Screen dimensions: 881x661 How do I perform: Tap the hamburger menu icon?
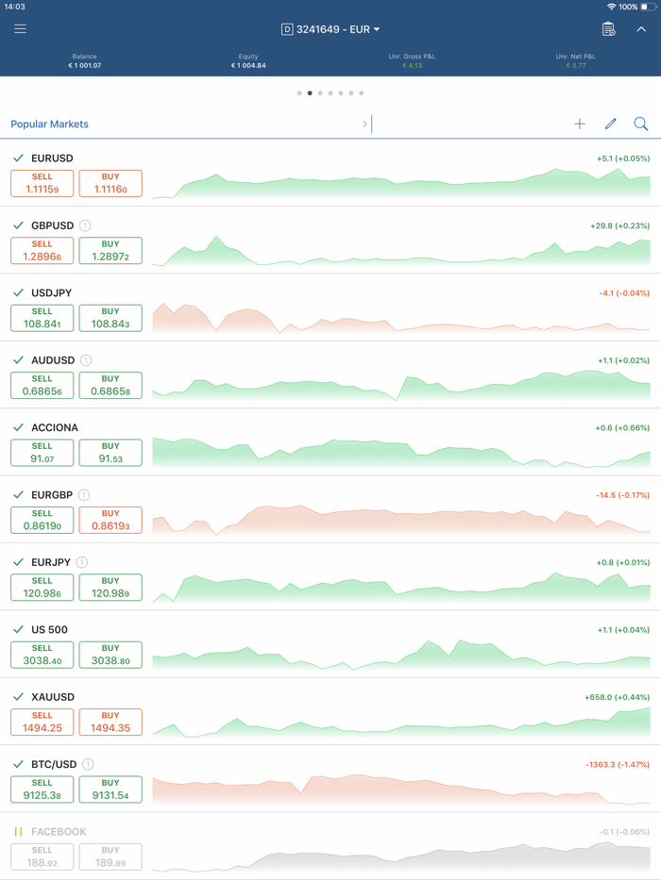click(x=20, y=29)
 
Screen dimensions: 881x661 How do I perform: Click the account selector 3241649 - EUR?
click(x=330, y=29)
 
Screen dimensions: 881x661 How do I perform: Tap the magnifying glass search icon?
click(x=640, y=124)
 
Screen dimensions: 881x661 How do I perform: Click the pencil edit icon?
click(x=611, y=124)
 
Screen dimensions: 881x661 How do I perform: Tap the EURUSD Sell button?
click(x=42, y=184)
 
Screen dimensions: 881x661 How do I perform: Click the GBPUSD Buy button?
click(x=110, y=251)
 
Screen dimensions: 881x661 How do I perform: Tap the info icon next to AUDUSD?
click(x=86, y=360)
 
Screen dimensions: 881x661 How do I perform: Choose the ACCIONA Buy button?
click(x=110, y=453)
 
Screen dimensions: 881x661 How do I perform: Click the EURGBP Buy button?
click(x=110, y=521)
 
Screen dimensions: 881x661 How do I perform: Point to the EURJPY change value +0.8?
click(x=622, y=563)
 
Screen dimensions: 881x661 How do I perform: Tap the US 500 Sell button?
click(x=42, y=655)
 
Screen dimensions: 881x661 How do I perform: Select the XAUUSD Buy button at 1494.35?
click(x=110, y=723)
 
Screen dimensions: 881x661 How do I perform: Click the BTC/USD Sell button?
click(x=42, y=790)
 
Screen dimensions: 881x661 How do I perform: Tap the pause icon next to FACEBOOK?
click(x=18, y=832)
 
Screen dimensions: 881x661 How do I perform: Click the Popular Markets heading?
click(x=49, y=124)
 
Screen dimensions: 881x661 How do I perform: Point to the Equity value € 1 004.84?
click(x=248, y=66)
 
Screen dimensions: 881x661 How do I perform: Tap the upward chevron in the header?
click(x=641, y=29)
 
